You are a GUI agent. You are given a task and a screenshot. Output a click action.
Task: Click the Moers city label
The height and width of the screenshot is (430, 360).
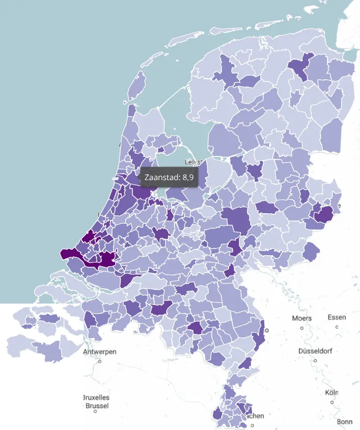tap(302, 318)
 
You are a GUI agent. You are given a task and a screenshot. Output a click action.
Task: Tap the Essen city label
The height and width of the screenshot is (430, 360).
tap(336, 318)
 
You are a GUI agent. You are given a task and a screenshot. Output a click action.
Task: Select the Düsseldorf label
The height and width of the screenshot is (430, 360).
tap(315, 351)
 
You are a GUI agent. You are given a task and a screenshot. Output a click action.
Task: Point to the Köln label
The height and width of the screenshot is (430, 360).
tap(332, 393)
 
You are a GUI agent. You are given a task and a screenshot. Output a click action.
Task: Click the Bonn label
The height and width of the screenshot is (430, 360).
tap(345, 422)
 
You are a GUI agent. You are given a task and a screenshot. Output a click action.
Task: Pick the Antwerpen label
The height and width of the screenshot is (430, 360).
tap(99, 352)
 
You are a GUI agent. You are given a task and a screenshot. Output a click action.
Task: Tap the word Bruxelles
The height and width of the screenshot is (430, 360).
tap(96, 397)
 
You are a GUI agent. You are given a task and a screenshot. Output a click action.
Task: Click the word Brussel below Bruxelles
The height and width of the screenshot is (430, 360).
tap(97, 406)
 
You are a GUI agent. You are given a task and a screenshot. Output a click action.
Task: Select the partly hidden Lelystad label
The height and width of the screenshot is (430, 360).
tap(194, 162)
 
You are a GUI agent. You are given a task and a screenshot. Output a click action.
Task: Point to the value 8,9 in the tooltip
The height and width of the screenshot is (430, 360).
tap(188, 178)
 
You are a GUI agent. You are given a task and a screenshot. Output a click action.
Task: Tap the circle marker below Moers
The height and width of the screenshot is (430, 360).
tap(302, 328)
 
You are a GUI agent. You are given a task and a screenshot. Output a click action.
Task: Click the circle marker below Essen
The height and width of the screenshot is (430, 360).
tap(337, 327)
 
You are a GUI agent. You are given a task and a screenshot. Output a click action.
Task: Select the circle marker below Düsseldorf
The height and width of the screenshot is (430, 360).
tap(315, 361)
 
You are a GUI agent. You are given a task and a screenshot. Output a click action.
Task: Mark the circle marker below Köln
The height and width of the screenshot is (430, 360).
tap(332, 403)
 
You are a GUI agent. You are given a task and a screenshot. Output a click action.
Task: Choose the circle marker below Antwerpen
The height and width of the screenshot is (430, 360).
tap(99, 361)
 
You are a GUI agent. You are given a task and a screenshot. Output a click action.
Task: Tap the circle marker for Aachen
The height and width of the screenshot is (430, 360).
tap(252, 425)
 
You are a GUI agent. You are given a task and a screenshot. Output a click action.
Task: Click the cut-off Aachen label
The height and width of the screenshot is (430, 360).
tap(256, 416)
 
